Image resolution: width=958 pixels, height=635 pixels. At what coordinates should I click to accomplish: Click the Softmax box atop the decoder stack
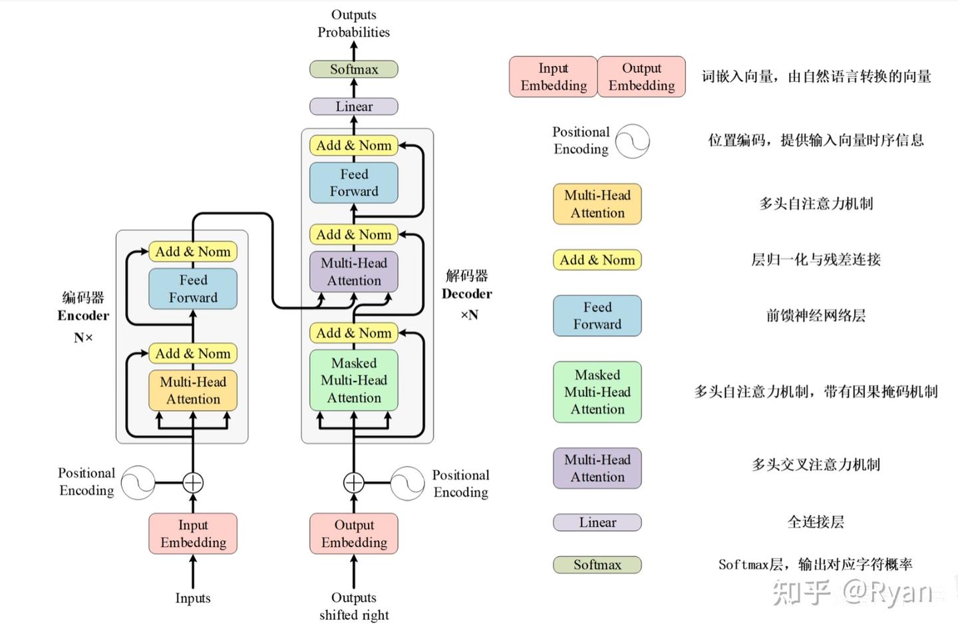click(x=354, y=69)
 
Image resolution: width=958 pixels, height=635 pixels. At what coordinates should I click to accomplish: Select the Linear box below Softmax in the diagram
click(x=354, y=106)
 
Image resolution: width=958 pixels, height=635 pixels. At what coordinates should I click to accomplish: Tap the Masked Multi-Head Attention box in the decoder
click(x=354, y=381)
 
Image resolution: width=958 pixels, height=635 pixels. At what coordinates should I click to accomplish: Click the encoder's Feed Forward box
click(x=193, y=289)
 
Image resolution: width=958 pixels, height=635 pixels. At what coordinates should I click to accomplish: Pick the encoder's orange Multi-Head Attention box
click(x=193, y=390)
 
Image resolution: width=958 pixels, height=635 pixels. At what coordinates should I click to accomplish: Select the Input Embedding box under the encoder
click(x=193, y=534)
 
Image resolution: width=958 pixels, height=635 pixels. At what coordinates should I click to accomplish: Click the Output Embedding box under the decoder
click(x=354, y=534)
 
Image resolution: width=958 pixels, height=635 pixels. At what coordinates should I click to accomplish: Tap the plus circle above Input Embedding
click(x=193, y=483)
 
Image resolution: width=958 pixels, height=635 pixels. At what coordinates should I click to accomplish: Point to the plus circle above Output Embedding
click(x=354, y=483)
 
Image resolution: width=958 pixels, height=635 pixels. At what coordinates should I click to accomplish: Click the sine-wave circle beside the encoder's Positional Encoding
click(x=138, y=483)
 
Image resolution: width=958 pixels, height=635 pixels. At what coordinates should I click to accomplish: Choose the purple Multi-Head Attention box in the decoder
click(x=354, y=272)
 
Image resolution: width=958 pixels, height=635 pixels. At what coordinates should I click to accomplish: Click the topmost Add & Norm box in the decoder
click(x=354, y=146)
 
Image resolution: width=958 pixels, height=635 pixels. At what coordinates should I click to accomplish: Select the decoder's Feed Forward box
click(x=354, y=182)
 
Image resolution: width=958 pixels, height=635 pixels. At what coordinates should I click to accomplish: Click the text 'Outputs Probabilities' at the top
click(x=354, y=23)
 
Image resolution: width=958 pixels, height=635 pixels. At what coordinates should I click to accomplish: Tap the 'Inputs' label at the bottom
click(x=193, y=598)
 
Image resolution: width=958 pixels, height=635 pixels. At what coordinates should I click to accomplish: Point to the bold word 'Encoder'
click(x=83, y=316)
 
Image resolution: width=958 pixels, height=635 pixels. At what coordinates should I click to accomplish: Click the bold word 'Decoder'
click(x=467, y=294)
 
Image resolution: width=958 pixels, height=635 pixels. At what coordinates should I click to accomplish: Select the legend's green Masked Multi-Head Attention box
click(x=597, y=392)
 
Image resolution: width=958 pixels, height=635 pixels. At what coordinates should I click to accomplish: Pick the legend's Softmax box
click(x=597, y=565)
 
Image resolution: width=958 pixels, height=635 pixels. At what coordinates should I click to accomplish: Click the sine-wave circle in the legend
click(x=633, y=141)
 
